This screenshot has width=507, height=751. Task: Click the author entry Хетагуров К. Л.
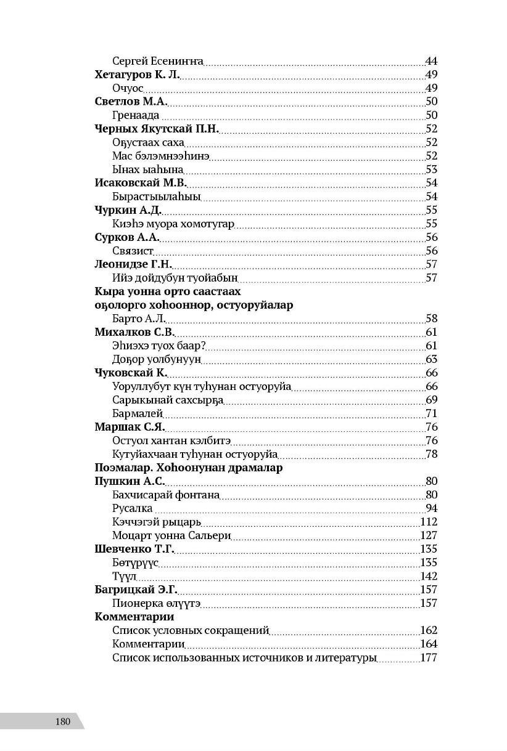[x=136, y=75]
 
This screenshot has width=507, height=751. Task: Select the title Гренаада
[x=136, y=115]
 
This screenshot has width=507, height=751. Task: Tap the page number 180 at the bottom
[x=62, y=721]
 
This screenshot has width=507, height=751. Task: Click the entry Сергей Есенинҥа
[x=158, y=61]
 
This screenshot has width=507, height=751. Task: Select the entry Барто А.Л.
[x=139, y=319]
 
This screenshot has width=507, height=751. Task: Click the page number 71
[x=431, y=413]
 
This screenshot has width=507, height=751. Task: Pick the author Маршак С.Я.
[x=130, y=427]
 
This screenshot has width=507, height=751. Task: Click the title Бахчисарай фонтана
[x=167, y=495]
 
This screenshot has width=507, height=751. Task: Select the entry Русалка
[x=132, y=508]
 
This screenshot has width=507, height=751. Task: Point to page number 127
[x=428, y=535]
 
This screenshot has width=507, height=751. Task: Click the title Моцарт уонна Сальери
[x=171, y=535]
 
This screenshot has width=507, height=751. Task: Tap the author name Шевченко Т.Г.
[x=134, y=549]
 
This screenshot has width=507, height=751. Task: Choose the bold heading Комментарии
[x=134, y=617]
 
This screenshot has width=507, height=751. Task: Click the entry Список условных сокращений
[x=191, y=630]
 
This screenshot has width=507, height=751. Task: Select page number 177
[x=428, y=657]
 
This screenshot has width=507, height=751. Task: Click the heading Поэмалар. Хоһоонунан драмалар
[x=189, y=468]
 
